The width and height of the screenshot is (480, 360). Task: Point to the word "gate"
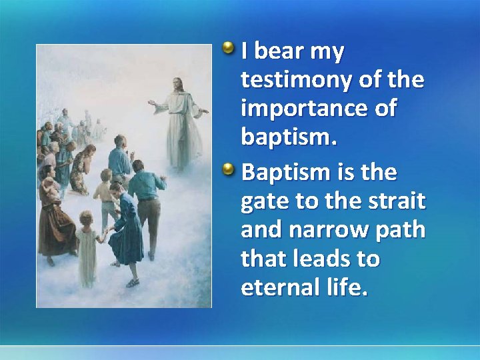click(x=264, y=202)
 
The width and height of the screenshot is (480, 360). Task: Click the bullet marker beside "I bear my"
click(x=229, y=49)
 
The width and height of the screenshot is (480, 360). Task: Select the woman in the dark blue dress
click(x=126, y=227)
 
